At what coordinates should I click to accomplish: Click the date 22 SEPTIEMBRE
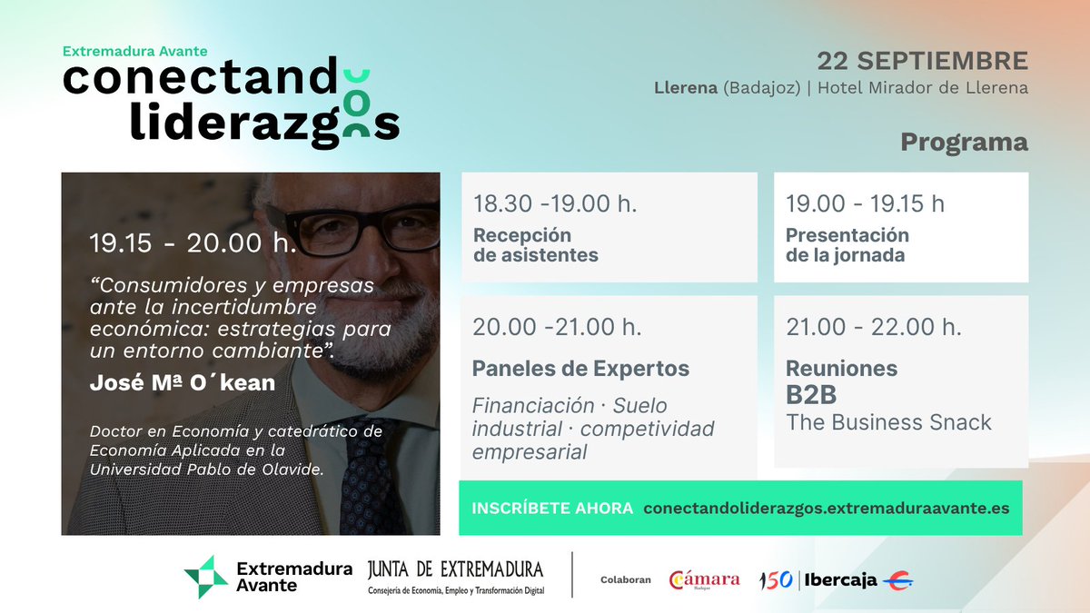point(922,62)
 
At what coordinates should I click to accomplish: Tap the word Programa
point(964,143)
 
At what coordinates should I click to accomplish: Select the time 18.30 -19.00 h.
point(555,203)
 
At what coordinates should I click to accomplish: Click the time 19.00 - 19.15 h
point(865,203)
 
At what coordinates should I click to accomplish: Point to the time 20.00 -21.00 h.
point(557,326)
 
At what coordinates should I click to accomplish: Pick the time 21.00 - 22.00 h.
point(874,326)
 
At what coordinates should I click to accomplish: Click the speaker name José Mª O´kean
point(183,383)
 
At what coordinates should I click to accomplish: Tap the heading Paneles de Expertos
point(580,369)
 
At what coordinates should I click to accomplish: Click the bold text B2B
point(811,394)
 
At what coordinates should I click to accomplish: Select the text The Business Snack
point(888,422)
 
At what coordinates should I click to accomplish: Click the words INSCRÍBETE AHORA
point(552,509)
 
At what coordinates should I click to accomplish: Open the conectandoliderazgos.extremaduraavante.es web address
point(827,509)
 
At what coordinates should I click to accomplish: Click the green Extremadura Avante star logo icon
point(206,577)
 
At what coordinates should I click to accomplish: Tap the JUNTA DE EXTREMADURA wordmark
point(455,569)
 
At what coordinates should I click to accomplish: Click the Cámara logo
point(704,580)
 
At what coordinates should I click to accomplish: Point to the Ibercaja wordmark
point(840,580)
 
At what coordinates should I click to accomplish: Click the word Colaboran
point(625,580)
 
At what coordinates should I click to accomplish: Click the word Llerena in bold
point(686,88)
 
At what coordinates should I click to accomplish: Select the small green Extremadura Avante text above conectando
point(134,51)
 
